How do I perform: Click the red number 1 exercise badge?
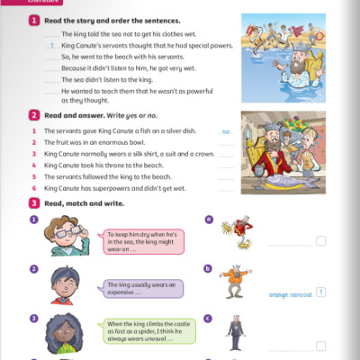33,19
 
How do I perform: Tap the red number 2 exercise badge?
33,115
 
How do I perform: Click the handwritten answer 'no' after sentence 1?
226,132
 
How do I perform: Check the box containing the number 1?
321,292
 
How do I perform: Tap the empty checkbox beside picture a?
321,241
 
